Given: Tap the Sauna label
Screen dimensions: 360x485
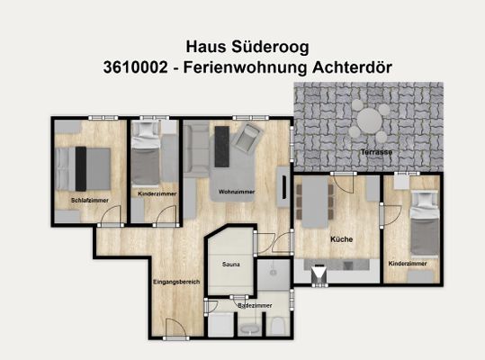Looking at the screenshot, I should click(x=230, y=265).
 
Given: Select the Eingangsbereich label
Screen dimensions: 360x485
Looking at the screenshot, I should click(x=175, y=282).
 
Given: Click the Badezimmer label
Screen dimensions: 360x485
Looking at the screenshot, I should click(x=255, y=306).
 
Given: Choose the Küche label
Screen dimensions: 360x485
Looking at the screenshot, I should click(x=340, y=239).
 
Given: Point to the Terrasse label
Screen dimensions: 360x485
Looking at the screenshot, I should click(x=376, y=153).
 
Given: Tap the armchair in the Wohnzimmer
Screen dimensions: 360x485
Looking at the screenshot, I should click(x=249, y=138).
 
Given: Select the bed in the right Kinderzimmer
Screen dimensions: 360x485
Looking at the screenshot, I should click(x=423, y=225).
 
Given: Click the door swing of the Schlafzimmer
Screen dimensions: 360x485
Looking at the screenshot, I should click(x=109, y=214).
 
